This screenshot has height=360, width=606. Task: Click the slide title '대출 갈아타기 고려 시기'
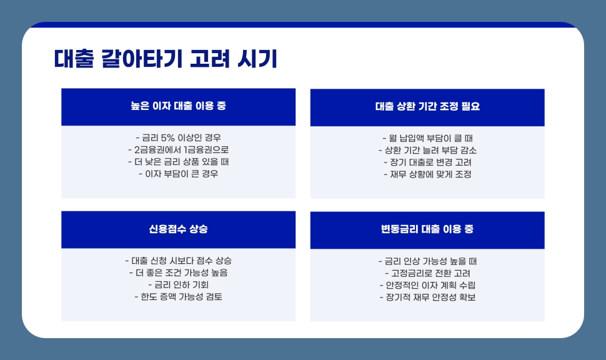pyautogui.click(x=166, y=59)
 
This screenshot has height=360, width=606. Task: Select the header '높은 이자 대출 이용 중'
pyautogui.click(x=178, y=106)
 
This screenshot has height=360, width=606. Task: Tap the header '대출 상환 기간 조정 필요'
pyautogui.click(x=427, y=107)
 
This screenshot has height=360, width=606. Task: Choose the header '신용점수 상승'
pyautogui.click(x=178, y=229)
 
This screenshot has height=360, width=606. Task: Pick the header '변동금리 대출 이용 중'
pyautogui.click(x=427, y=229)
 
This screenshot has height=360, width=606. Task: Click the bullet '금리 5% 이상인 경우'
pyautogui.click(x=178, y=137)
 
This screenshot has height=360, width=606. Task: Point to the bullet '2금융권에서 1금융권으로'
pyautogui.click(x=178, y=150)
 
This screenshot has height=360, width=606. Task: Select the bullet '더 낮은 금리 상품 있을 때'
pyautogui.click(x=178, y=162)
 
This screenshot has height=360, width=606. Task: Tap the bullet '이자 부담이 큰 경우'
pyautogui.click(x=178, y=174)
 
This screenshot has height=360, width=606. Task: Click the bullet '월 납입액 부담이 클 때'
pyautogui.click(x=427, y=138)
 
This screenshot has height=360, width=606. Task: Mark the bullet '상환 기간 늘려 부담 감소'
pyautogui.click(x=427, y=151)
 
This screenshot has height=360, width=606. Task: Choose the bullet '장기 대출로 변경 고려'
pyautogui.click(x=427, y=162)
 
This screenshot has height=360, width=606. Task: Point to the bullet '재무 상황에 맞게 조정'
pyautogui.click(x=427, y=174)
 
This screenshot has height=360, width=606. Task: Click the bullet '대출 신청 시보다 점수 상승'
pyautogui.click(x=178, y=261)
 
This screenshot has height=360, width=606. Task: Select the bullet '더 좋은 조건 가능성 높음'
pyautogui.click(x=178, y=272)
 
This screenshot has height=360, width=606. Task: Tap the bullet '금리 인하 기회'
pyautogui.click(x=178, y=284)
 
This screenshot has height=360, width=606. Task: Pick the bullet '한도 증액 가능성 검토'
pyautogui.click(x=178, y=297)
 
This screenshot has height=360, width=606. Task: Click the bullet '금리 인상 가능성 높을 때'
pyautogui.click(x=427, y=261)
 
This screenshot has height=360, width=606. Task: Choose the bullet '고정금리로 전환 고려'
pyautogui.click(x=427, y=273)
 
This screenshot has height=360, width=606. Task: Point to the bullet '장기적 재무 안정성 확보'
pyautogui.click(x=427, y=297)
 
